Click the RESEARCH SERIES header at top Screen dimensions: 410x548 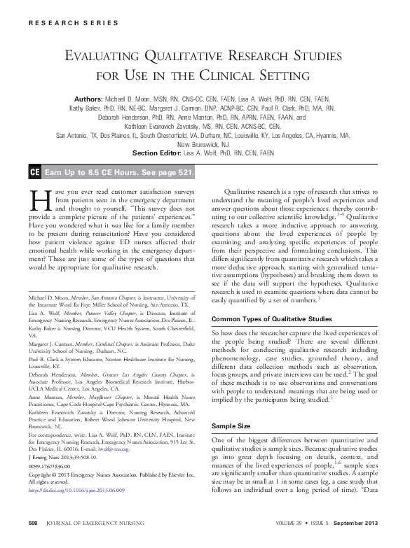pos(73,23)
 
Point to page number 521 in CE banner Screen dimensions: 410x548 pos(184,171)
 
